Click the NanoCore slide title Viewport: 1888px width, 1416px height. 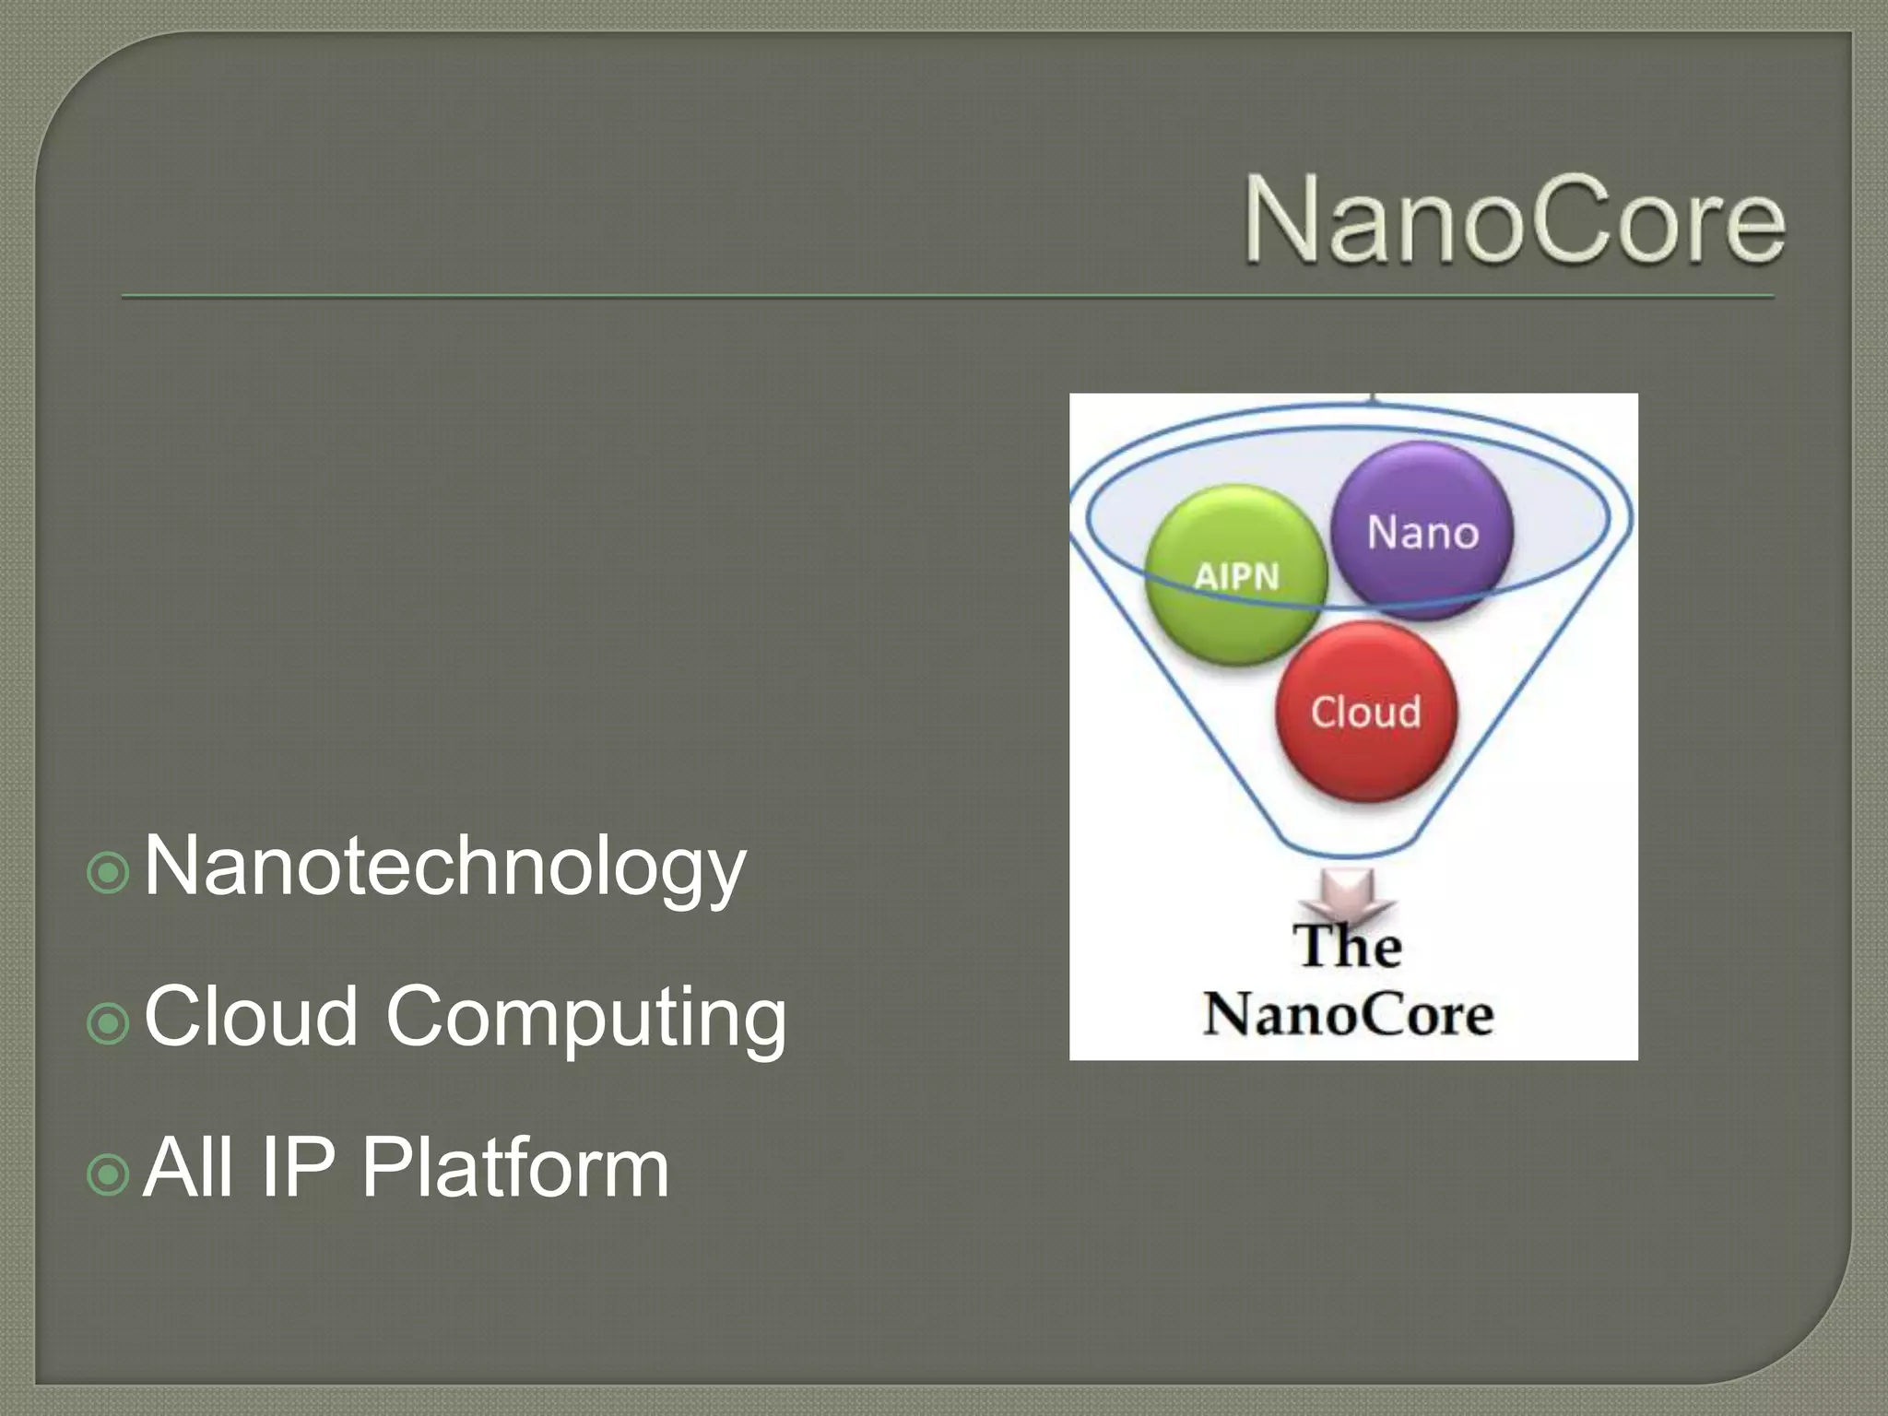click(1514, 221)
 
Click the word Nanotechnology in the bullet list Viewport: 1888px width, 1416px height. click(444, 867)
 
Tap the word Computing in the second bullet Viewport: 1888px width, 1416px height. click(586, 1018)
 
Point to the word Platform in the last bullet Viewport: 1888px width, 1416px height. click(514, 1168)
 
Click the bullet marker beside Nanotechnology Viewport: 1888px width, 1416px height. click(108, 872)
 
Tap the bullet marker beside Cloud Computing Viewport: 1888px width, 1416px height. click(108, 1023)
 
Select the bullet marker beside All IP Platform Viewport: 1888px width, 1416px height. click(108, 1174)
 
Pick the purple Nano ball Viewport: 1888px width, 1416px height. click(1438, 489)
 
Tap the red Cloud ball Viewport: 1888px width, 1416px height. click(1366, 756)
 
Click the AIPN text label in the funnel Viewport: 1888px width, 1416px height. click(1236, 577)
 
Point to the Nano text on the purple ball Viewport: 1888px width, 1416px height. click(1422, 533)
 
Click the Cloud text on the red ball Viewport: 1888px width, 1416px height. click(1365, 712)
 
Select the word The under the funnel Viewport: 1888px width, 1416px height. click(1347, 946)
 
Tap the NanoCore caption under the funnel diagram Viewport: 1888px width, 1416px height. click(1349, 1015)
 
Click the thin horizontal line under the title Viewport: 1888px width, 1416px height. click(948, 297)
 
